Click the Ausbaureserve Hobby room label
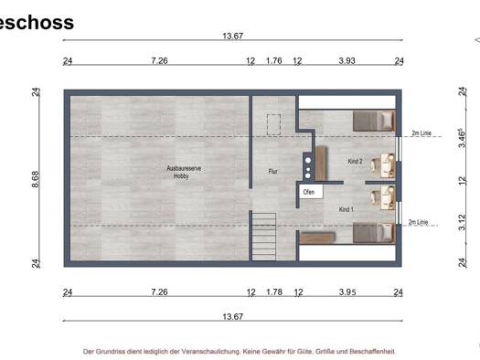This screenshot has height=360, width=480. pyautogui.click(x=184, y=172)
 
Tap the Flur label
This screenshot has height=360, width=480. pyautogui.click(x=272, y=172)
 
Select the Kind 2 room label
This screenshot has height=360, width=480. pyautogui.click(x=355, y=161)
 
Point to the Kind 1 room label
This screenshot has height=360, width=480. pyautogui.click(x=346, y=209)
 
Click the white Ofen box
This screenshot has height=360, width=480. pyautogui.click(x=311, y=192)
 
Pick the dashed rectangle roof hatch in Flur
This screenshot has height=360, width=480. pyautogui.click(x=273, y=124)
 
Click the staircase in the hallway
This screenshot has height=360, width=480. pyautogui.click(x=264, y=237)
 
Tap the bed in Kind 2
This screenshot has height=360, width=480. pyautogui.click(x=374, y=121)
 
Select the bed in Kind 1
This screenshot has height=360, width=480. pyautogui.click(x=374, y=233)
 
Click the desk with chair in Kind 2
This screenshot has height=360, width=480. pyautogui.click(x=383, y=165)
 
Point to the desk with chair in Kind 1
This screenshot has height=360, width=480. pyautogui.click(x=383, y=197)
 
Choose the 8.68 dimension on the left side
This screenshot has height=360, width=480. pyautogui.click(x=36, y=179)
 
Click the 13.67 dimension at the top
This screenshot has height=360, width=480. pyautogui.click(x=232, y=37)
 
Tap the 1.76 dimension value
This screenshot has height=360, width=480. pyautogui.click(x=273, y=60)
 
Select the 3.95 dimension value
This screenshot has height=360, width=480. pyautogui.click(x=347, y=291)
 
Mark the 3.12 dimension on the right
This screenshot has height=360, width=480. pyautogui.click(x=463, y=222)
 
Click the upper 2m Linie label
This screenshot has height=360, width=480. pyautogui.click(x=421, y=133)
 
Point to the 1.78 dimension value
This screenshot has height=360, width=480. pyautogui.click(x=274, y=291)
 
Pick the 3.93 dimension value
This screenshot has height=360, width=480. pyautogui.click(x=347, y=60)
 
